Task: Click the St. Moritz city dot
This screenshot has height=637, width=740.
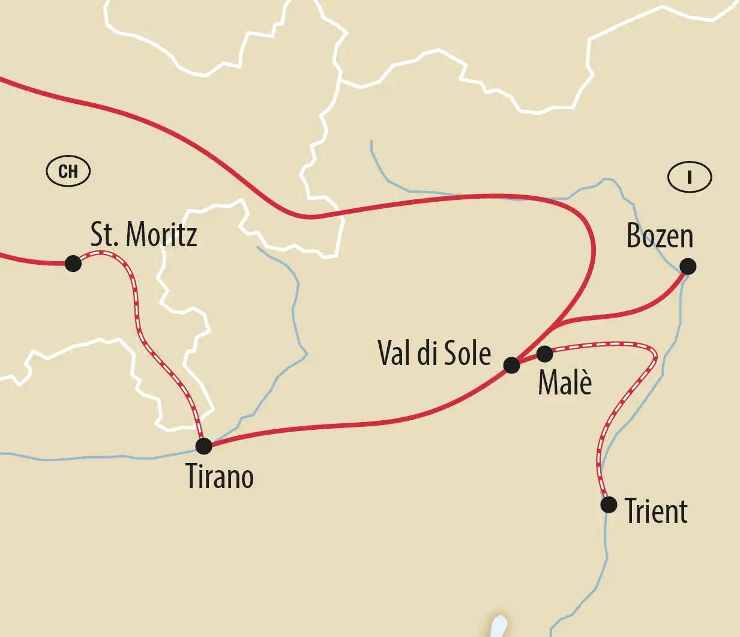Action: pyautogui.click(x=73, y=263)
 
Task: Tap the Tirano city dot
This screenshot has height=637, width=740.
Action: pyautogui.click(x=204, y=445)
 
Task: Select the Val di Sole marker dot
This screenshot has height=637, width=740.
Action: pyautogui.click(x=511, y=365)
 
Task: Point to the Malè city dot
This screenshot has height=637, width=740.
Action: pyautogui.click(x=544, y=354)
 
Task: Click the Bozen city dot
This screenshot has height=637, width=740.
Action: pyautogui.click(x=688, y=266)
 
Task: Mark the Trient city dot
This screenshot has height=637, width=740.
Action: pyautogui.click(x=609, y=504)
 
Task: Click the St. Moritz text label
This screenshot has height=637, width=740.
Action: pyautogui.click(x=143, y=234)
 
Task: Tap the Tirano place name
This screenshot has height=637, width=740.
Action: pyautogui.click(x=220, y=477)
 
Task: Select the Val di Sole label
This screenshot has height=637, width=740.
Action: pyautogui.click(x=434, y=353)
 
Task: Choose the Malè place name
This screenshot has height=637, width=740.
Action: pyautogui.click(x=565, y=382)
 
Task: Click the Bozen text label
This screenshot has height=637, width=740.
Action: pyautogui.click(x=660, y=236)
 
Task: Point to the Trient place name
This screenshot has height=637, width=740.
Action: pyautogui.click(x=656, y=512)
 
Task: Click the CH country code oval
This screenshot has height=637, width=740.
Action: pyautogui.click(x=68, y=172)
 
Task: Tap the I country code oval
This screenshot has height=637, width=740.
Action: pyautogui.click(x=690, y=177)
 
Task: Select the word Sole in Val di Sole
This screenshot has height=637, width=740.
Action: pyautogui.click(x=468, y=353)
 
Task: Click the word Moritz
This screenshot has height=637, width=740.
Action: pyautogui.click(x=161, y=234)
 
